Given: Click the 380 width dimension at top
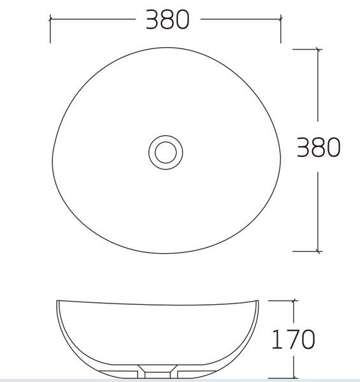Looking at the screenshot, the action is pyautogui.click(x=168, y=20).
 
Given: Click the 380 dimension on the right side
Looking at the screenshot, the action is pyautogui.click(x=319, y=147).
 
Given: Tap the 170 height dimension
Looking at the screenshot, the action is pyautogui.click(x=293, y=339).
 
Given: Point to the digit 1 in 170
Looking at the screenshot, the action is pyautogui.click(x=276, y=339).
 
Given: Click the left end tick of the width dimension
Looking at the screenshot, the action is pyautogui.click(x=50, y=19).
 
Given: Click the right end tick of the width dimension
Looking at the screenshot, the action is pyautogui.click(x=280, y=19).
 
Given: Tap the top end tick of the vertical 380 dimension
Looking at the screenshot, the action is pyautogui.click(x=318, y=49).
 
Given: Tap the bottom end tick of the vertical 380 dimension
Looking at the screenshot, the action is pyautogui.click(x=318, y=251).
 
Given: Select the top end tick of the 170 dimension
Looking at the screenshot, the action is pyautogui.click(x=294, y=300).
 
